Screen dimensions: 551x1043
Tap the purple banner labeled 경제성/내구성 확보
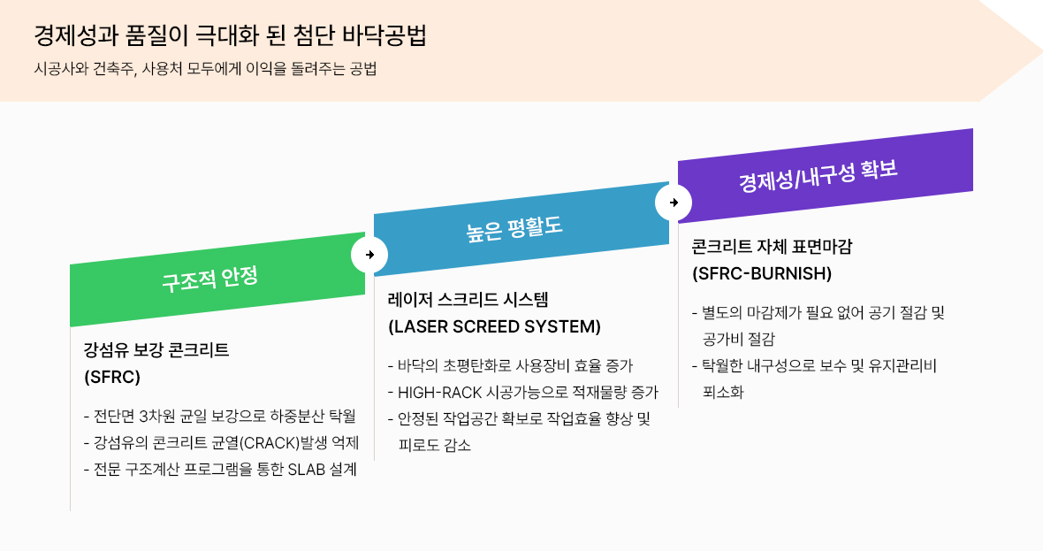[818, 175]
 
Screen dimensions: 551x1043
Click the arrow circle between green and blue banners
[369, 255]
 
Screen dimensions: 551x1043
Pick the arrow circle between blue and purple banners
[674, 203]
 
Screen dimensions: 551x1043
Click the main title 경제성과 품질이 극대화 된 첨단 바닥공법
[230, 36]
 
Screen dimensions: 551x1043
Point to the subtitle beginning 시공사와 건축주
[205, 69]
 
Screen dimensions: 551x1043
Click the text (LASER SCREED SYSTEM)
[494, 326]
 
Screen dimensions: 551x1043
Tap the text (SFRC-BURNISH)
[762, 273]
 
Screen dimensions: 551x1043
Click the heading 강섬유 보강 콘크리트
[156, 349]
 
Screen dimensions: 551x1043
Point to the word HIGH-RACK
[436, 392]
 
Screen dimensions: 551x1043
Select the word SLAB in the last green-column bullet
[307, 470]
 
